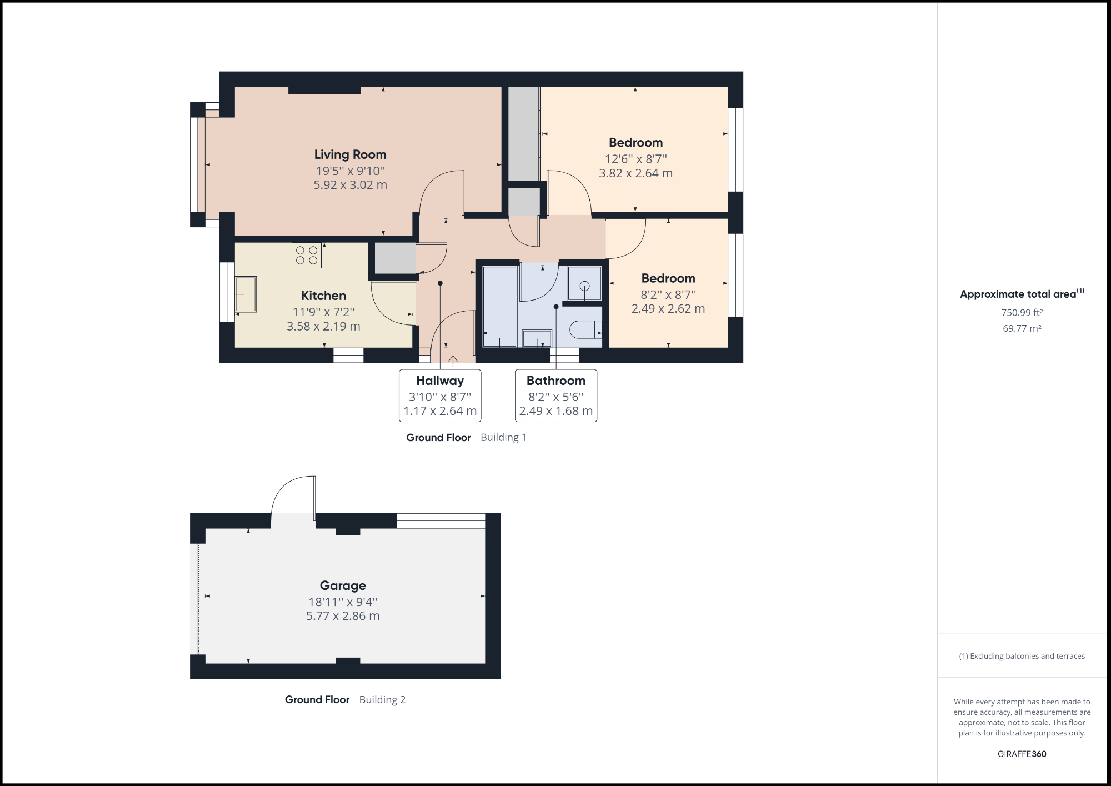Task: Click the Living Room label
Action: point(350,154)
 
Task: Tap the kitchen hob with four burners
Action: point(307,256)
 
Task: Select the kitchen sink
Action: point(246,294)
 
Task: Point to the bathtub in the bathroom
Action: point(499,307)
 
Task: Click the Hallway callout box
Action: point(440,395)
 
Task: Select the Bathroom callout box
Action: point(556,395)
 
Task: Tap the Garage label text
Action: point(343,585)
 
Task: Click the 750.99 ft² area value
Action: point(1022,313)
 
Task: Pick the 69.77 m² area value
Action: point(1022,328)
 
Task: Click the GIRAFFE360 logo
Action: point(1022,754)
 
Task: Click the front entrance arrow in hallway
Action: point(453,361)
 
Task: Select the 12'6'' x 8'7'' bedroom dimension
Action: point(635,159)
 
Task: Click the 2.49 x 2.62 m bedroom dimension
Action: point(668,309)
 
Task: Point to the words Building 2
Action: point(382,700)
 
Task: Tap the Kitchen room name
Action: point(323,296)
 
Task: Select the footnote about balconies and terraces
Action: point(1022,656)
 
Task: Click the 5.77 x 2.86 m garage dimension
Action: point(343,616)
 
